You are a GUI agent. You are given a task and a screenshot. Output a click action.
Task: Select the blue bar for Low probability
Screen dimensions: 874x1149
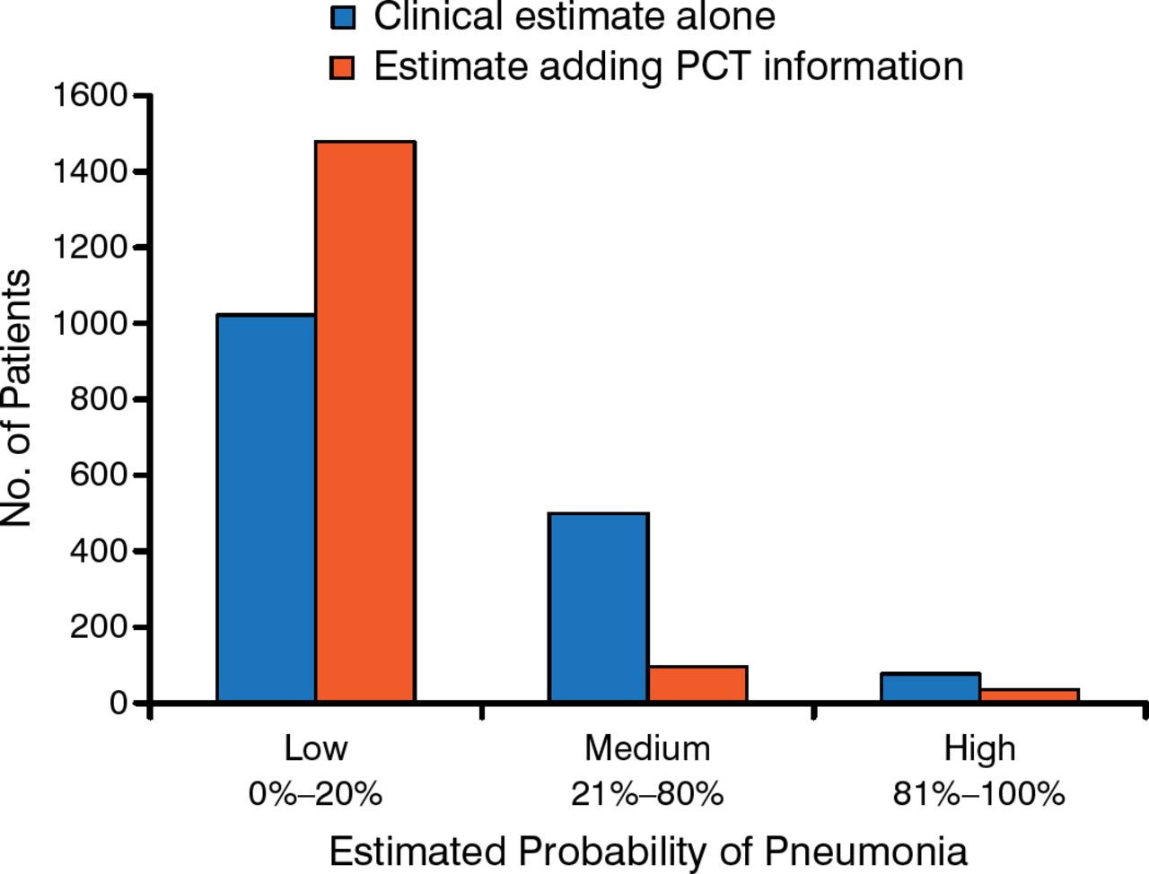point(267,508)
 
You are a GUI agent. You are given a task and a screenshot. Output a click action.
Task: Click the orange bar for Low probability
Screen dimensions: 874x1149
point(365,422)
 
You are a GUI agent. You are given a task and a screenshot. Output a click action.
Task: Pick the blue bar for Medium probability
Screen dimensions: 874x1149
point(599,607)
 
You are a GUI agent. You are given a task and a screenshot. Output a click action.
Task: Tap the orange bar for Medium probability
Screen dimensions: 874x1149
point(697,684)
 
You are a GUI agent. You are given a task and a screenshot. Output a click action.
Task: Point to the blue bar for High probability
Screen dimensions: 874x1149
point(930,687)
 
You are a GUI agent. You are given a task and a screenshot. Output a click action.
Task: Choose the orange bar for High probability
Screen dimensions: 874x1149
point(1030,695)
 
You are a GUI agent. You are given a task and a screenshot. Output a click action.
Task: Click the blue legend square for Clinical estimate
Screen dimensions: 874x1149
point(343,17)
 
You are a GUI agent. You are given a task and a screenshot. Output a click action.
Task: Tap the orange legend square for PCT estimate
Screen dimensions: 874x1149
point(343,67)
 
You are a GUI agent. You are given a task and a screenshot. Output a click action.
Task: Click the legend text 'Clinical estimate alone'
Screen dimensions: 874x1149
point(574,17)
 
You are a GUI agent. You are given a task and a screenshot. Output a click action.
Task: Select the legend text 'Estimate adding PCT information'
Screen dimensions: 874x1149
point(669,67)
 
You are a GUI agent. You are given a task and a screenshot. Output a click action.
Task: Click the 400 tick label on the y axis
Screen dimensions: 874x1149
point(98,551)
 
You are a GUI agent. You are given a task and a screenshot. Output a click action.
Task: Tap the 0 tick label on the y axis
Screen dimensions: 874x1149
point(118,703)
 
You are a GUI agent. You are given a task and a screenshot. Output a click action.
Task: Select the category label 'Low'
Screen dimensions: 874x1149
point(316,747)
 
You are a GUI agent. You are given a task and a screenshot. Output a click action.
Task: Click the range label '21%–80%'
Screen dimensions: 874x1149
point(647,794)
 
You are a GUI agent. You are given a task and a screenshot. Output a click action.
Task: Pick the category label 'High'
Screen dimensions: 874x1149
point(979,747)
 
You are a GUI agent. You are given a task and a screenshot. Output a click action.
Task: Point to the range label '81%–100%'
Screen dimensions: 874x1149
point(979,794)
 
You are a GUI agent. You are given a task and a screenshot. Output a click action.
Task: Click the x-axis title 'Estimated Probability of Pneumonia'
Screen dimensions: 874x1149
point(648,851)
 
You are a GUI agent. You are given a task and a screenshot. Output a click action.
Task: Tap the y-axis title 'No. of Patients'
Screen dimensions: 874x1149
point(18,398)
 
